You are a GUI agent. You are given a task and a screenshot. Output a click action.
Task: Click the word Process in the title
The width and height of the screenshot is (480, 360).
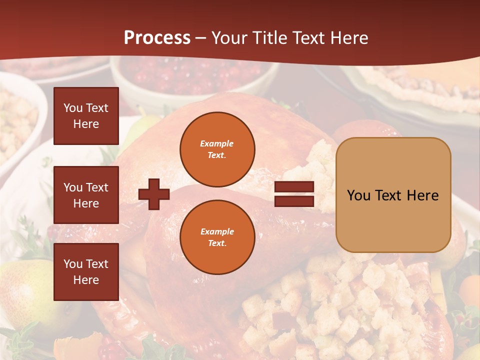pyautogui.click(x=157, y=38)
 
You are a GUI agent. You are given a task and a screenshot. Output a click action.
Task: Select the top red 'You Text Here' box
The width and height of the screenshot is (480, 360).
pyautogui.click(x=86, y=116)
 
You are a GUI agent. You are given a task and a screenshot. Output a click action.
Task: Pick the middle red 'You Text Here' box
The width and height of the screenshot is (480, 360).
pyautogui.click(x=86, y=195)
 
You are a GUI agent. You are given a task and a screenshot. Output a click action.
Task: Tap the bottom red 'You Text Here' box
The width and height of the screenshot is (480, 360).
pyautogui.click(x=86, y=272)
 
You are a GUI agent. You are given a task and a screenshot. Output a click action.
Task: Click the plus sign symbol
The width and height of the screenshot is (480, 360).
pyautogui.click(x=154, y=194)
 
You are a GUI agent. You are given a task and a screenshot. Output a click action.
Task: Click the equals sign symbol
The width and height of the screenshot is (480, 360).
pyautogui.click(x=294, y=194)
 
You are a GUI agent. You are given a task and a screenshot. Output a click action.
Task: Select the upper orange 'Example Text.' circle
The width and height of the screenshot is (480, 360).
pyautogui.click(x=217, y=149)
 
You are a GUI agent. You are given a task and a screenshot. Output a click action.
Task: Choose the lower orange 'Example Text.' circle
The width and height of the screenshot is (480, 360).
pyautogui.click(x=217, y=237)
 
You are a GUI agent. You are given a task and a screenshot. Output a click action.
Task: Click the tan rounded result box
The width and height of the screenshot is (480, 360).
pyautogui.click(x=393, y=195)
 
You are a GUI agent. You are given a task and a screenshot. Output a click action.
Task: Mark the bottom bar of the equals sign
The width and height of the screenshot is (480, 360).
pyautogui.click(x=294, y=201)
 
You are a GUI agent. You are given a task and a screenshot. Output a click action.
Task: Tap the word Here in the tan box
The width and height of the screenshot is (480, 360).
pyautogui.click(x=422, y=195)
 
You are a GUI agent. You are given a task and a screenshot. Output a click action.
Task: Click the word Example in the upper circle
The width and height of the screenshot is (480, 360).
pyautogui.click(x=217, y=143)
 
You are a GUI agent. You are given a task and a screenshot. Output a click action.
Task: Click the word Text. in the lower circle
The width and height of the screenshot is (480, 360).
pyautogui.click(x=217, y=243)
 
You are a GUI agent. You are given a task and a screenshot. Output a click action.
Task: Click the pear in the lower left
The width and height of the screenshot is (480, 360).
pyautogui.click(x=25, y=295)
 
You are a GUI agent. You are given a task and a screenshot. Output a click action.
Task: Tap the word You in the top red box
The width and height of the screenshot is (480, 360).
pyautogui.click(x=72, y=108)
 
